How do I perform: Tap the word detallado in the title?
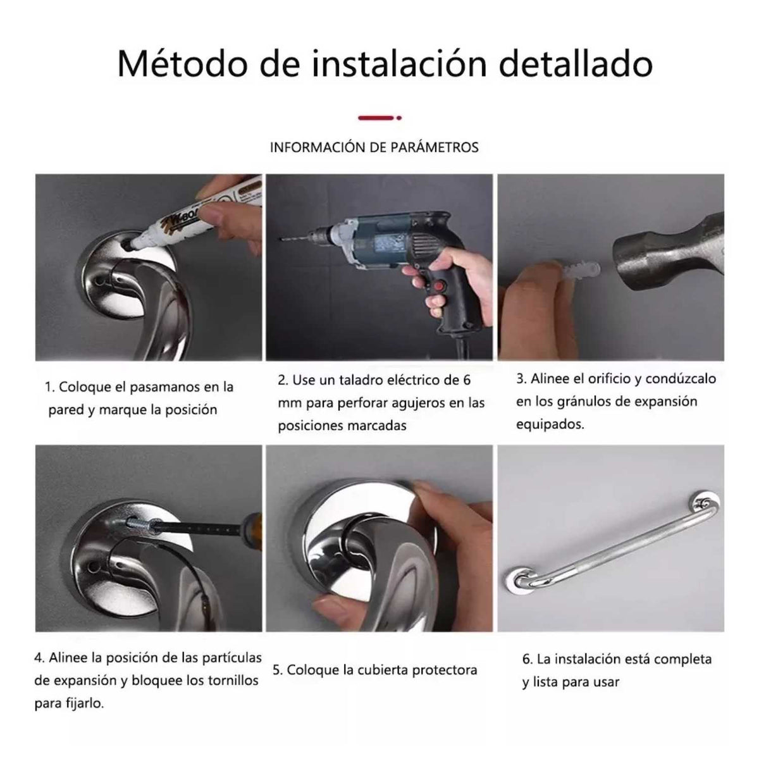pos(576,64)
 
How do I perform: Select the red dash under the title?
pos(376,118)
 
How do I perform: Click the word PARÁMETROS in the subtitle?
pos(435,147)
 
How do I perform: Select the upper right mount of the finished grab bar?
pos(705,503)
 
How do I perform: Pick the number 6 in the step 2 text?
pos(466,379)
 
